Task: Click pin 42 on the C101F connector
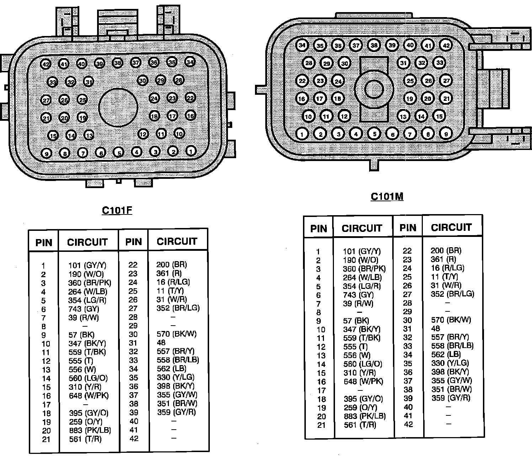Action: pyautogui.click(x=46, y=64)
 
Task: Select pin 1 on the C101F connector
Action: pyautogui.click(x=191, y=151)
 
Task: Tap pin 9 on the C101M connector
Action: pyautogui.click(x=445, y=134)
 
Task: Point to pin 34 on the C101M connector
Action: pyautogui.click(x=302, y=45)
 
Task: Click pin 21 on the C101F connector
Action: pyautogui.click(x=46, y=118)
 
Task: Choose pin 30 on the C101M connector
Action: pyautogui.click(x=344, y=63)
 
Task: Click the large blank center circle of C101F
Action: pyautogui.click(x=118, y=107)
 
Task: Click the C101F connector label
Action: pyautogui.click(x=117, y=210)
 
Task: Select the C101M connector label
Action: pyautogui.click(x=387, y=196)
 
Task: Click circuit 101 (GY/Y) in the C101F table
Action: pyautogui.click(x=87, y=265)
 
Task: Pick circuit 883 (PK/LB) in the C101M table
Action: pyautogui.click(x=365, y=416)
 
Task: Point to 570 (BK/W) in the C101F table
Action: pyautogui.click(x=176, y=334)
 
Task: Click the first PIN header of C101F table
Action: pyautogui.click(x=44, y=243)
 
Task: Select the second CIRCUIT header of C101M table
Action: pyautogui.click(x=451, y=227)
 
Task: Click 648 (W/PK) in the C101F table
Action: pyautogui.click(x=89, y=395)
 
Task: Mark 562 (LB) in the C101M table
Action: pyautogui.click(x=446, y=354)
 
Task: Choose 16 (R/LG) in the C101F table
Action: pyautogui.click(x=173, y=282)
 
